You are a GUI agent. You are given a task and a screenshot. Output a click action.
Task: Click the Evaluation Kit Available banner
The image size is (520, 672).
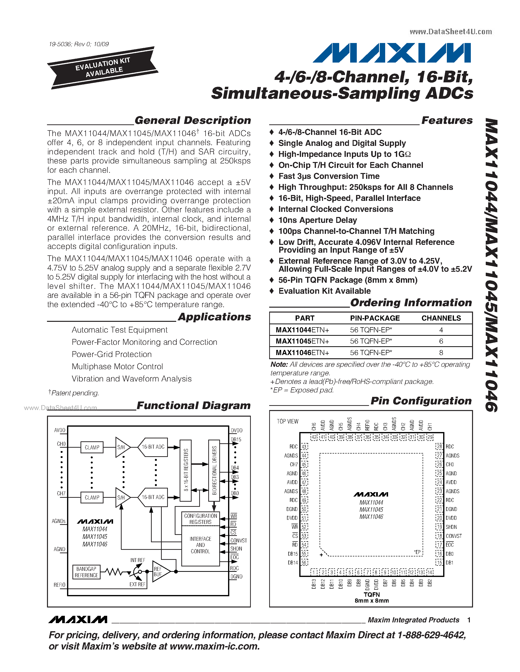[x=102, y=68]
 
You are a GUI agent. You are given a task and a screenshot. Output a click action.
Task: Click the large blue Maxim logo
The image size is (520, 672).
[x=392, y=53]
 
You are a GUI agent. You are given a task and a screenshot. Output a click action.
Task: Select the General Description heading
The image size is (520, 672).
[x=193, y=120]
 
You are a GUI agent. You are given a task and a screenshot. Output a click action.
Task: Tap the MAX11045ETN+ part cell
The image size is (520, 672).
[x=302, y=341]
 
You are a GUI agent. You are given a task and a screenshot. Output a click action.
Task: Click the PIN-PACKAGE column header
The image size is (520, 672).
[x=375, y=318]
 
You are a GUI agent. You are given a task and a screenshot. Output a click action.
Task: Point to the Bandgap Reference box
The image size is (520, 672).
[x=86, y=572]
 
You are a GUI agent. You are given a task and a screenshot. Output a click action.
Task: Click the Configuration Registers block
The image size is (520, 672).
[x=201, y=519]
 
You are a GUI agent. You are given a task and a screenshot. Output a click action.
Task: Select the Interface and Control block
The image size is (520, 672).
[x=201, y=545]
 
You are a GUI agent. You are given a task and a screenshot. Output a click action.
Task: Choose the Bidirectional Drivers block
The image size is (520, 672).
[x=214, y=468]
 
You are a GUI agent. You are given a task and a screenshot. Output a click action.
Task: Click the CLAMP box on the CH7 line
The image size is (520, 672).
[x=92, y=498]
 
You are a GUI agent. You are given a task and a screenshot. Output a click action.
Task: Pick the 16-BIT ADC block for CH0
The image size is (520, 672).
[x=153, y=447]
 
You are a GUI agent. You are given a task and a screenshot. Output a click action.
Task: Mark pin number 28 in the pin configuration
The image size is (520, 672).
[x=439, y=446]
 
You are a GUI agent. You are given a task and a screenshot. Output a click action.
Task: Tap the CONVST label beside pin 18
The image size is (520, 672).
[x=453, y=536]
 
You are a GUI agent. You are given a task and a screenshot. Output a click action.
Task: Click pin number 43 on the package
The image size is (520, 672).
[x=304, y=446]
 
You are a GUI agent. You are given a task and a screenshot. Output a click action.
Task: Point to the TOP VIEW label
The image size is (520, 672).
[x=288, y=421]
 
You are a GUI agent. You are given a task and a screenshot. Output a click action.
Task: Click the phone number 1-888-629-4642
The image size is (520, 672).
[x=432, y=635]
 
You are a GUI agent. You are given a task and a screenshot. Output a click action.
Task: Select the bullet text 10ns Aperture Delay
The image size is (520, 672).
[x=317, y=220]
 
